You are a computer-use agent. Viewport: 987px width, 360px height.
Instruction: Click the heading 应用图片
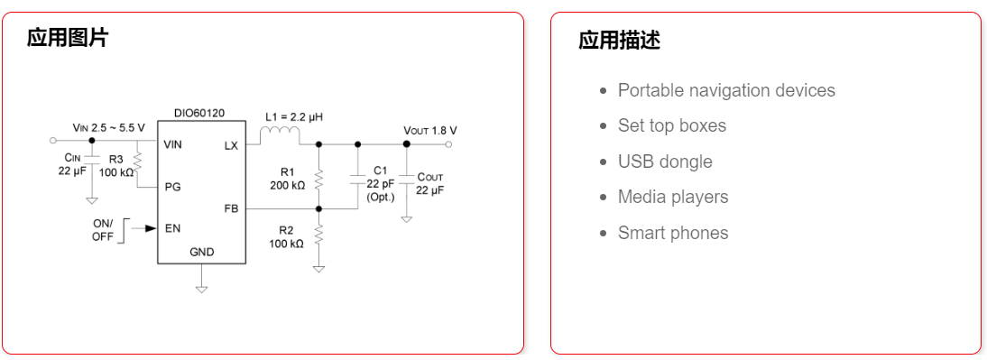click(x=68, y=38)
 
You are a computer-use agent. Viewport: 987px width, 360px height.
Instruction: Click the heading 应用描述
click(x=620, y=41)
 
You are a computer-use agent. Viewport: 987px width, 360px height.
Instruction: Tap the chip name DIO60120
click(x=199, y=114)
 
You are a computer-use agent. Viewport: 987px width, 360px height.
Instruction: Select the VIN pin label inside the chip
click(x=172, y=144)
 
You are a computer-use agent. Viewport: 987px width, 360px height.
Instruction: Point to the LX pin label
click(x=231, y=145)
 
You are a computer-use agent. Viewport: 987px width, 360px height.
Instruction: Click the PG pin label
click(x=172, y=188)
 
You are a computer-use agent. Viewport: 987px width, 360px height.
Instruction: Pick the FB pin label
click(x=231, y=208)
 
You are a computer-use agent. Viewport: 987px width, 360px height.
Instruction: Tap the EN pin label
click(x=172, y=228)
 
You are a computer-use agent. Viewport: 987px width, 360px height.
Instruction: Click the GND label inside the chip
click(x=201, y=252)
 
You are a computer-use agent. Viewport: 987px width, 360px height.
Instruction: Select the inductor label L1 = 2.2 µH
click(x=294, y=117)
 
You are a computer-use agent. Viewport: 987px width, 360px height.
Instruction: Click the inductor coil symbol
click(x=280, y=136)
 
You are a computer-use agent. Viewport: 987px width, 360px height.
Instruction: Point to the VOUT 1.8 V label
click(x=430, y=130)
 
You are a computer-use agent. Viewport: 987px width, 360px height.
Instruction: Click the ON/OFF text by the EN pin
click(x=102, y=230)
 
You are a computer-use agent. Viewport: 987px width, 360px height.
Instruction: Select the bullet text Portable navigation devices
click(x=726, y=90)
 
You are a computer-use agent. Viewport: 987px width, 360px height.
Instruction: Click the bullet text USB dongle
click(x=665, y=162)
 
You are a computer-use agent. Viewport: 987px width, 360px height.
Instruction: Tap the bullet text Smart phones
click(x=673, y=233)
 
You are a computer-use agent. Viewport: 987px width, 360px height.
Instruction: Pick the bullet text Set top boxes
click(x=672, y=125)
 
